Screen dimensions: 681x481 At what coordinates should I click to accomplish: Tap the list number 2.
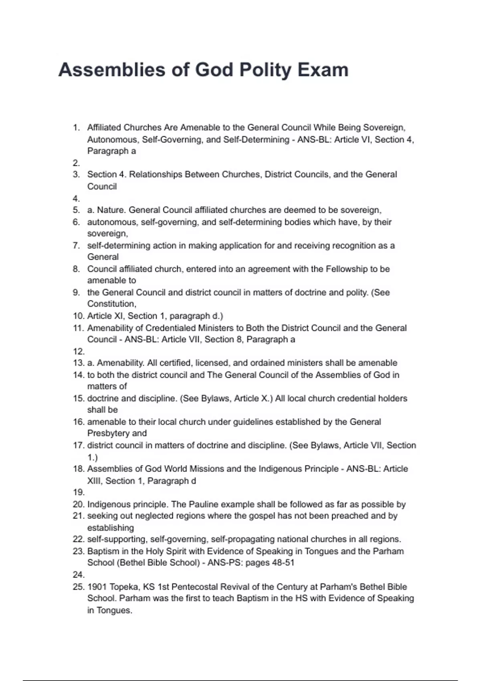pos(76,163)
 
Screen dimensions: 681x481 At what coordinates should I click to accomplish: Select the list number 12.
pos(79,351)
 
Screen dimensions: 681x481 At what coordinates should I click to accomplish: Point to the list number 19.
pos(79,492)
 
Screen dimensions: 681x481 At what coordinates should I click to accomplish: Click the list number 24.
pos(79,575)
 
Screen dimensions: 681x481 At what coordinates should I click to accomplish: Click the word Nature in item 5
pos(111,210)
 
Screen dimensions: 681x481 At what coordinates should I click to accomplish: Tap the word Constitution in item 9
pos(111,304)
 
